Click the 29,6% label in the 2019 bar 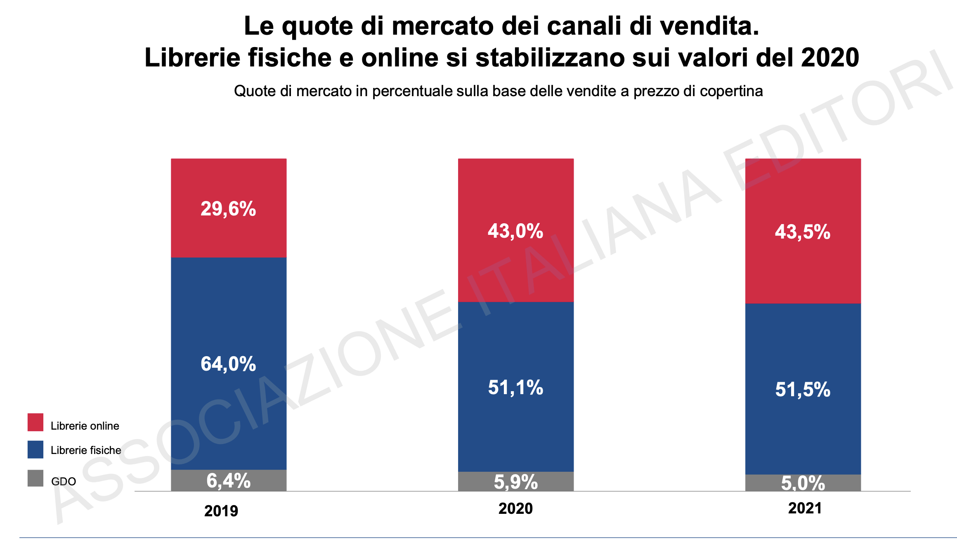coord(228,209)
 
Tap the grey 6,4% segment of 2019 coord(229,481)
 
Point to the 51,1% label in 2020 coord(515,388)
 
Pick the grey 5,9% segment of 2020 coord(515,482)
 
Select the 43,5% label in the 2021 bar coord(802,232)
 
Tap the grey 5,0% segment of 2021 coord(803,483)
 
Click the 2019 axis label coord(221,511)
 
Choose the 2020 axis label coord(515,508)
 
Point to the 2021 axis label coord(805,508)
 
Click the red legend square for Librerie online coord(35,422)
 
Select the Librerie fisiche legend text coord(86,450)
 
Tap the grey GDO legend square coord(35,478)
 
